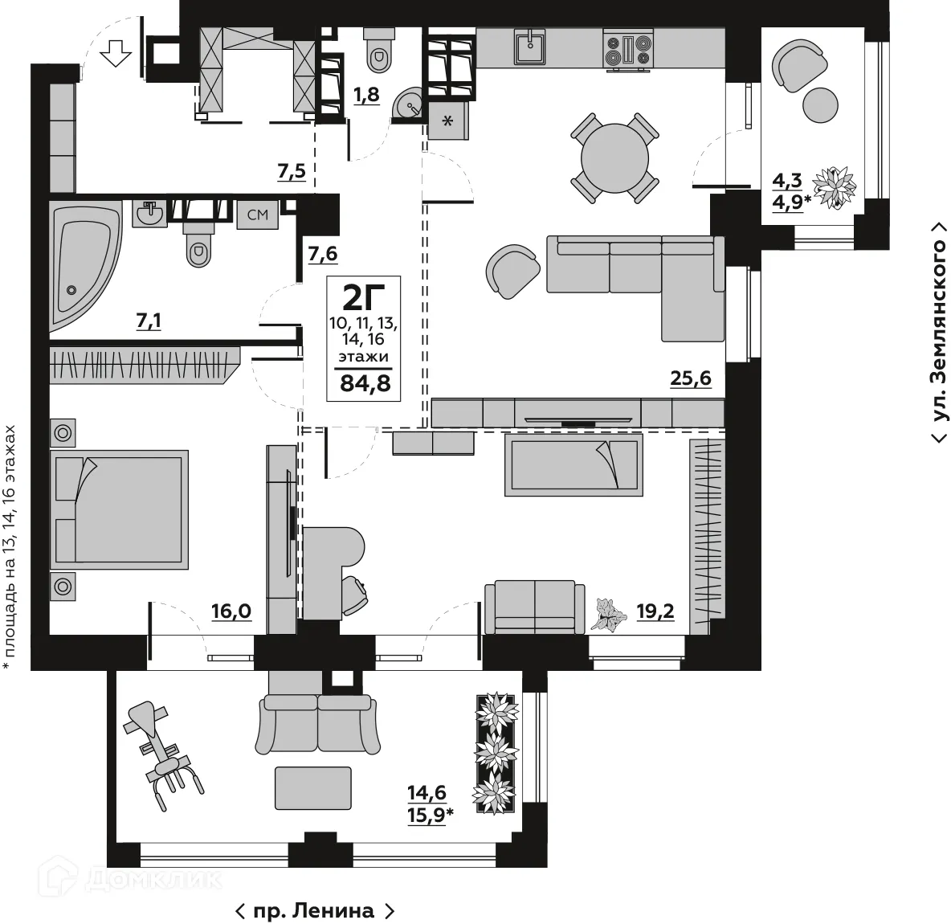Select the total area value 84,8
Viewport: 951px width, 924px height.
pos(365,383)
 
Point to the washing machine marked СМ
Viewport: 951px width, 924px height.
pos(257,214)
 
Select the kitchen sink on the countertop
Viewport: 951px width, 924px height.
pos(529,46)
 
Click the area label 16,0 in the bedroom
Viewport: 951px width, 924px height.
pos(231,612)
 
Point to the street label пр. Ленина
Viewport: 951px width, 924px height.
pos(314,911)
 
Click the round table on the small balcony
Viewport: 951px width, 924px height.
pos(820,104)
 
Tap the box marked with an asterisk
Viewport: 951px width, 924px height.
pos(447,121)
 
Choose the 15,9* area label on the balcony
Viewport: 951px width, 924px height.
pos(431,813)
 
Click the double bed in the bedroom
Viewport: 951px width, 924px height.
pos(119,508)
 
